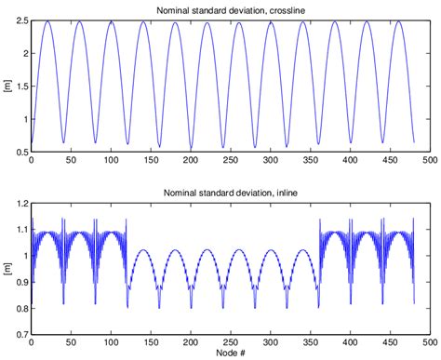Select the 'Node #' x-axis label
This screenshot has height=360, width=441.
231,353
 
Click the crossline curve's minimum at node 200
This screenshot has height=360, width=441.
191,148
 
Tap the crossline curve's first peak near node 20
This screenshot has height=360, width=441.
47,21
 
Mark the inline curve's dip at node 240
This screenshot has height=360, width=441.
222,306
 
